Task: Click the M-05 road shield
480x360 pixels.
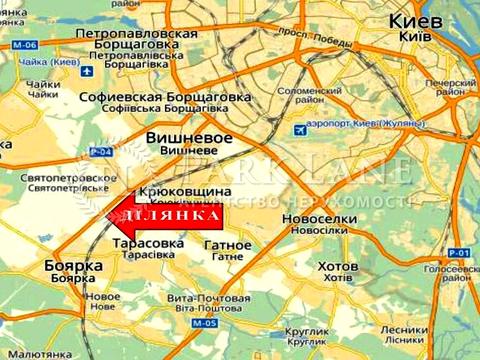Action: pos(205,324)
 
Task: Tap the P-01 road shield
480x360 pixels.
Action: pos(459,253)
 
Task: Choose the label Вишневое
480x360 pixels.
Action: pos(189,136)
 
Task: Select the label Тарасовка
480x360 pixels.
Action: pos(149,243)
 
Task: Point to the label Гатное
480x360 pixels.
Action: pos(227,244)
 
